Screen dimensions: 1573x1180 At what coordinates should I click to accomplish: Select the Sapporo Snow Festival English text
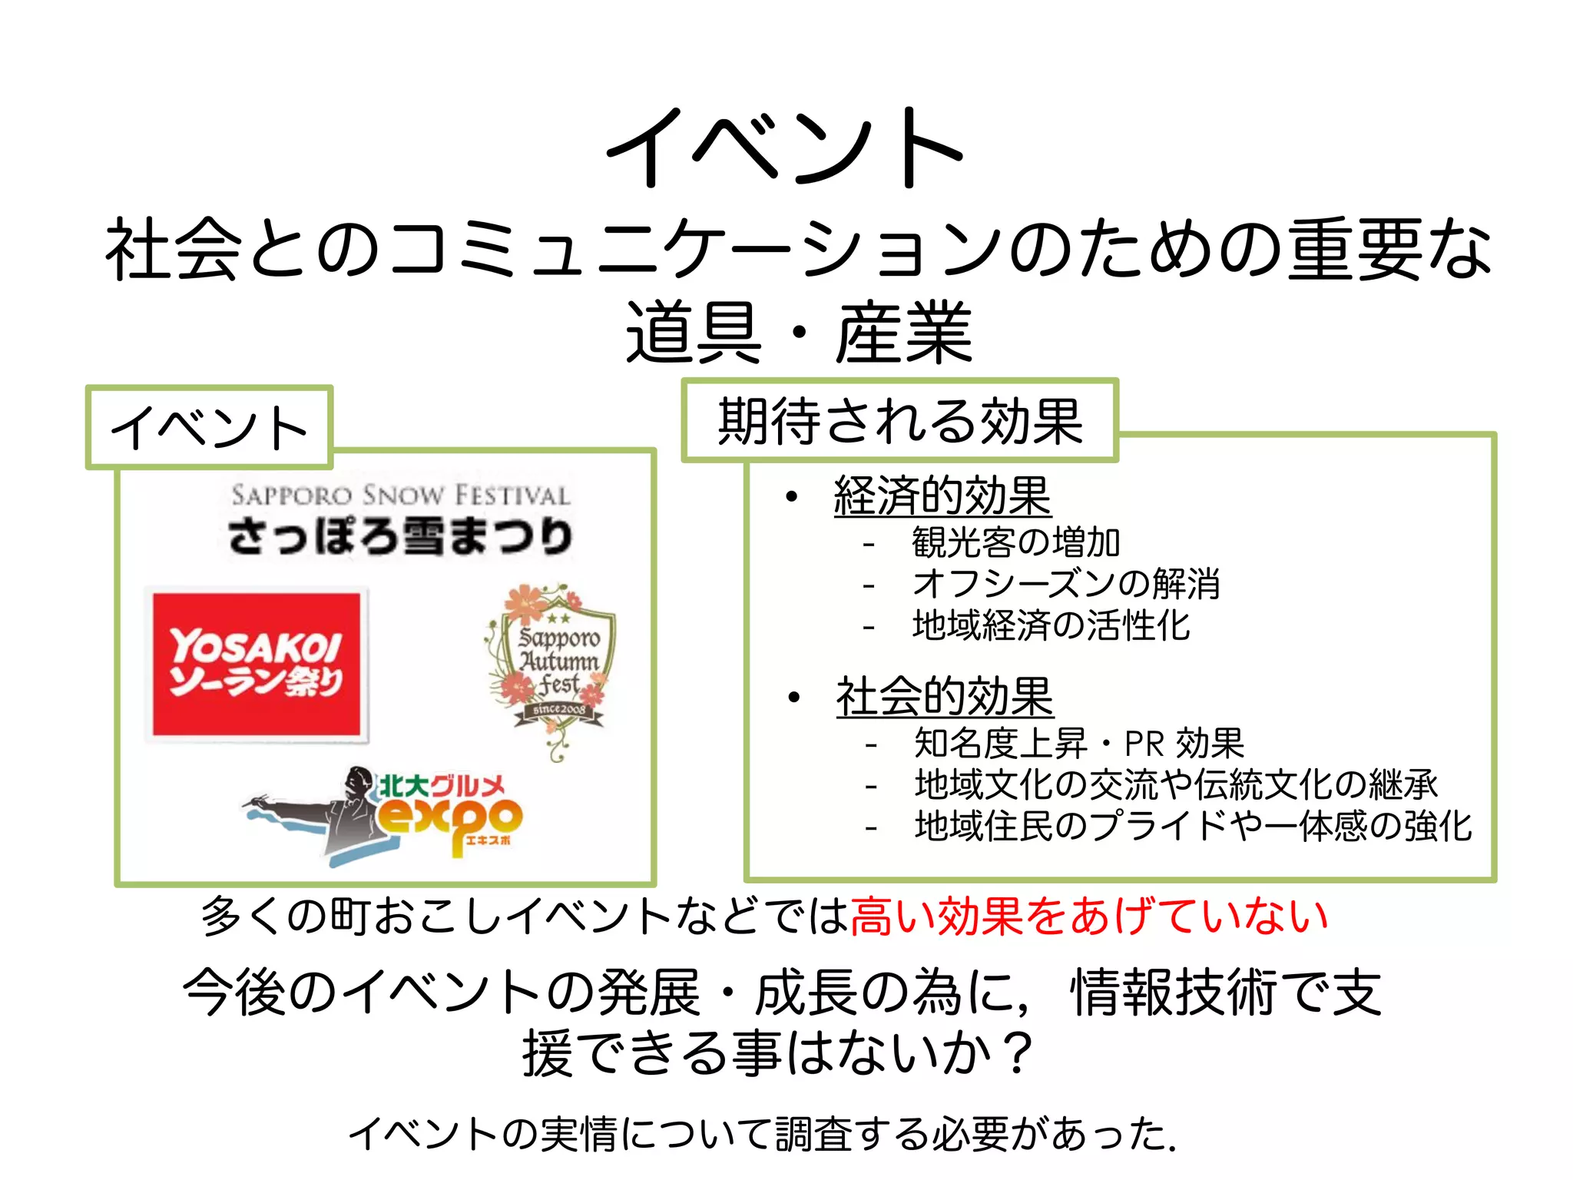tap(400, 495)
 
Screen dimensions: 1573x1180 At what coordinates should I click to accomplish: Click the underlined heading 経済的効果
tap(942, 496)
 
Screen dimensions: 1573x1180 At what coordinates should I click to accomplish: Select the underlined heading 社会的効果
tap(944, 697)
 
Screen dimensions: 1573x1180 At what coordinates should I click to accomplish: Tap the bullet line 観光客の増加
tap(1015, 542)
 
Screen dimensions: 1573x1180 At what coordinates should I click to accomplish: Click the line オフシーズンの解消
tap(1065, 584)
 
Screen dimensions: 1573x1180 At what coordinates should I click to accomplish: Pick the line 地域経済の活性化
tap(1051, 625)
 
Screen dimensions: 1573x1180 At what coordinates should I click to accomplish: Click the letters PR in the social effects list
tap(1144, 744)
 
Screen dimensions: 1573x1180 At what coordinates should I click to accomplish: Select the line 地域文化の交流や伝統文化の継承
tap(1175, 784)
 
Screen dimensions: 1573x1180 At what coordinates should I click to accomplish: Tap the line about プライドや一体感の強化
tap(1192, 826)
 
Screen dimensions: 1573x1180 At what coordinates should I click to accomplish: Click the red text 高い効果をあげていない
tap(1089, 916)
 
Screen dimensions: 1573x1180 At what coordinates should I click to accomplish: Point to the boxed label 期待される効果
tap(899, 421)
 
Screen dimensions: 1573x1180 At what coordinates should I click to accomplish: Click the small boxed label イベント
tap(209, 428)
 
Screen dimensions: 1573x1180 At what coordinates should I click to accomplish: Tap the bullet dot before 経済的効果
tap(792, 497)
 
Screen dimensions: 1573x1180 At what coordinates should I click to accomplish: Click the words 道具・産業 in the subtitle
tap(799, 333)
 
